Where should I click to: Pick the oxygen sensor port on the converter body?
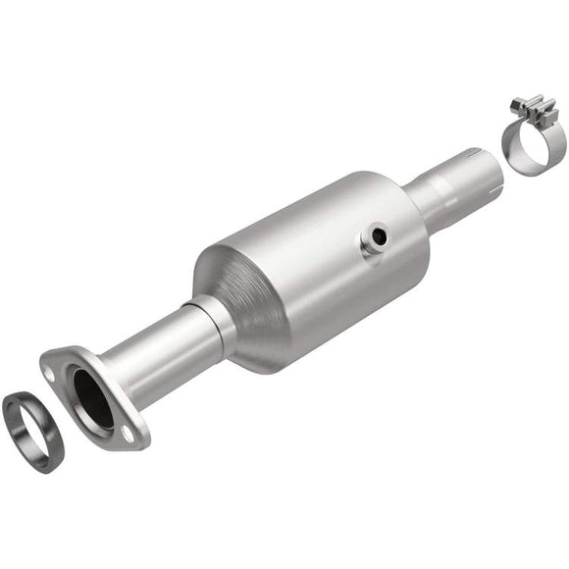pos(375,238)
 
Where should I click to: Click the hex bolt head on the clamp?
pos(517,102)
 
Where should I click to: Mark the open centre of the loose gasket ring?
pos(32,430)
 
